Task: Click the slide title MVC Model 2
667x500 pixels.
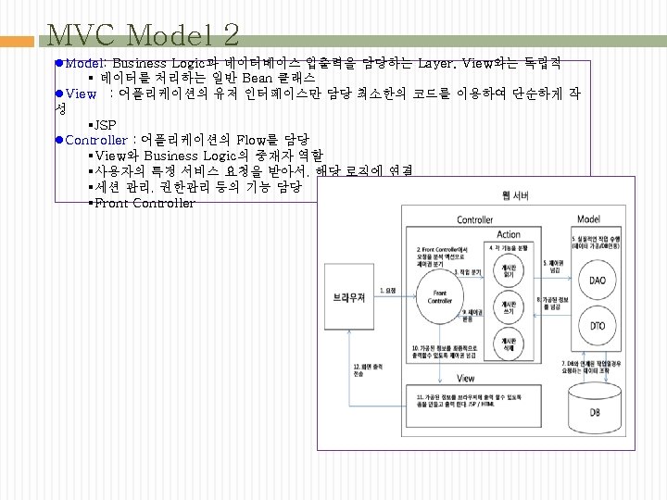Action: (x=143, y=35)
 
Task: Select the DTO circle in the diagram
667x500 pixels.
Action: (x=597, y=325)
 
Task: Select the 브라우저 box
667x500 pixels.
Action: (x=348, y=296)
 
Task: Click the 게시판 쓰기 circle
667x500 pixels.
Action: (x=507, y=307)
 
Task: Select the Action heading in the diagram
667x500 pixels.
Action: (x=509, y=234)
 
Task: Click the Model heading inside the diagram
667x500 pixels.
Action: (x=588, y=219)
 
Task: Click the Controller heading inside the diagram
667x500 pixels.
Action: (x=474, y=219)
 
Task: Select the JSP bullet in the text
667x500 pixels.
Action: (x=102, y=124)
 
